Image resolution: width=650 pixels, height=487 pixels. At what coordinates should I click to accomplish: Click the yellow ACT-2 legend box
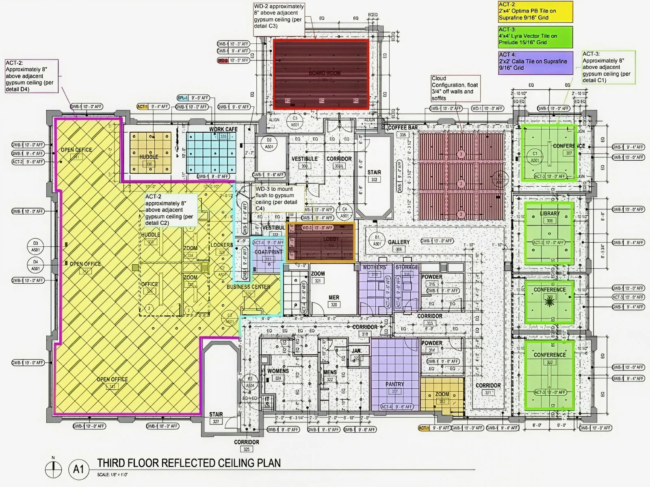pos(535,12)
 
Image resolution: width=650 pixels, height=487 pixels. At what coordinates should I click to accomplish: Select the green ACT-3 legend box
pos(535,37)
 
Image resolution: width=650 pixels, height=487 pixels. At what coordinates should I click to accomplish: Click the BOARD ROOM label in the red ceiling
pos(325,73)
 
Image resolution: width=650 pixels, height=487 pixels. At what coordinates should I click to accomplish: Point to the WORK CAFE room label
pos(223,129)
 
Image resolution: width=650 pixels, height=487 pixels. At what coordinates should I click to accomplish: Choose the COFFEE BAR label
pos(403,128)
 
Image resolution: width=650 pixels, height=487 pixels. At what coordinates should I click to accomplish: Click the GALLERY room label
pos(399,242)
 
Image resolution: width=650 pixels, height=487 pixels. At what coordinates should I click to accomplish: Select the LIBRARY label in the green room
pos(550,213)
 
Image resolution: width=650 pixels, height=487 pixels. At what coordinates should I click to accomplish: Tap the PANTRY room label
pos(394,384)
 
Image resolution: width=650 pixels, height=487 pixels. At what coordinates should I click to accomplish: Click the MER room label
pos(334,297)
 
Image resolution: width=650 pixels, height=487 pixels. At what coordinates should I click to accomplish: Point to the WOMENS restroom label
pos(278,371)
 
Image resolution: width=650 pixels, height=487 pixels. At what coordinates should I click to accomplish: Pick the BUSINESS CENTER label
pos(248,287)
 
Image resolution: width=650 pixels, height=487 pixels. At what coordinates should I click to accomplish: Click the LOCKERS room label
pos(221,245)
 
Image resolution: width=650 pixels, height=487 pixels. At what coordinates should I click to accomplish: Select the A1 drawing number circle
pos(78,470)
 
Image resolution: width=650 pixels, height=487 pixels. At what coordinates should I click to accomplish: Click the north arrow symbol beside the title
pos(53,470)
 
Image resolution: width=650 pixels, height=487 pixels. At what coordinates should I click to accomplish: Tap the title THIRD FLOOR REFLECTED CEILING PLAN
pos(189,463)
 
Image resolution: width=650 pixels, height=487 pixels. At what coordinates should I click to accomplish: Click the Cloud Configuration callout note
pos(455,88)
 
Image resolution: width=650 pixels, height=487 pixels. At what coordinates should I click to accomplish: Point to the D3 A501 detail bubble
pos(36,246)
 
